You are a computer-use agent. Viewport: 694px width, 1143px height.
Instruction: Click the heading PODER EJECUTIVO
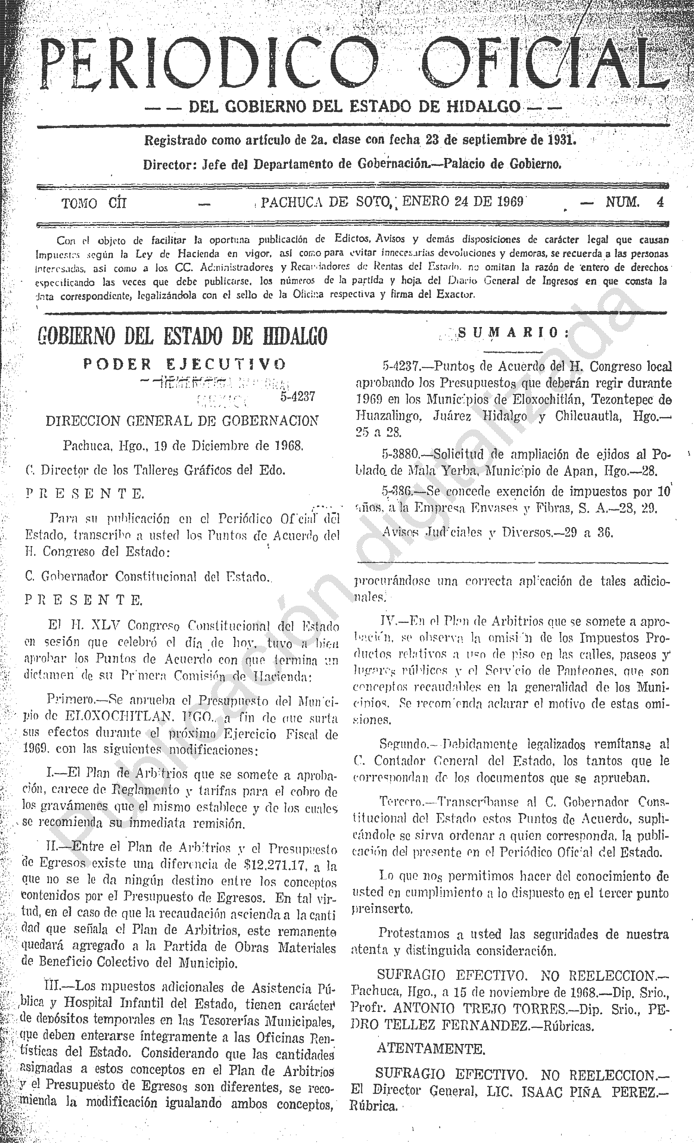click(x=185, y=364)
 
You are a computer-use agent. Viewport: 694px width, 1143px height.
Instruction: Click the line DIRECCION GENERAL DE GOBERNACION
click(x=182, y=421)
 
